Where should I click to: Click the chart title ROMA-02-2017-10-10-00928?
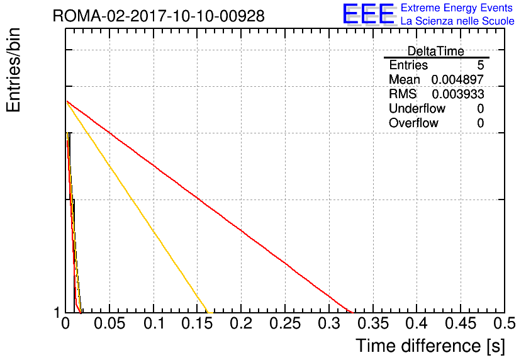(x=159, y=16)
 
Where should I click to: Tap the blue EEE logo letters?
(x=369, y=14)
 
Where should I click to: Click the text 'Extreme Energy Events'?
(x=457, y=8)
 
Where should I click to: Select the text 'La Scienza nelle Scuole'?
(x=457, y=21)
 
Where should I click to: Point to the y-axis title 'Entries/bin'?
(x=14, y=70)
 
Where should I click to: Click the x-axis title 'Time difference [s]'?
(x=430, y=346)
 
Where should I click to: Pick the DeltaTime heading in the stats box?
(x=436, y=51)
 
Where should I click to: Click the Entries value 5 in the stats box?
(x=481, y=65)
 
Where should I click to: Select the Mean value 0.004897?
(x=457, y=79)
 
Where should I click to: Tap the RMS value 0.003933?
(x=458, y=94)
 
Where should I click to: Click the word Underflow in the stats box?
(x=417, y=108)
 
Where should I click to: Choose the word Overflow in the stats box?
(x=413, y=123)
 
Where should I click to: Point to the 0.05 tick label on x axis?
(x=109, y=323)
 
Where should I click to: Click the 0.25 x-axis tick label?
(x=285, y=323)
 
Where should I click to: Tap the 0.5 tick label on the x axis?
(x=504, y=323)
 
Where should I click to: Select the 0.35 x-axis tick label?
(x=373, y=323)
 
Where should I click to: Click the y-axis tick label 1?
(x=57, y=313)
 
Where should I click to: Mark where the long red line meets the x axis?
(x=353, y=313)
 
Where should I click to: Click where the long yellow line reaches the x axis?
(x=209, y=313)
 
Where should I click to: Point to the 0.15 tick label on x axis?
(x=198, y=323)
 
